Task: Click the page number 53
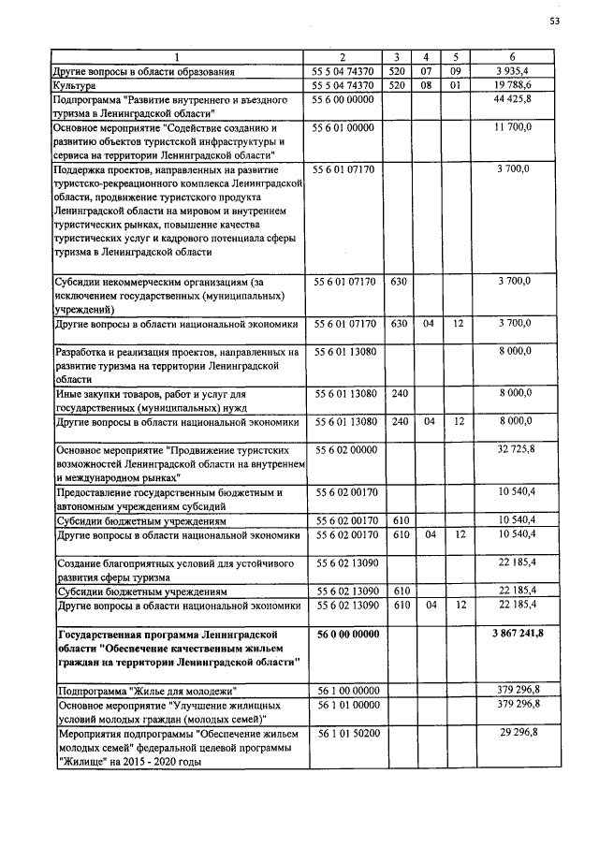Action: [x=555, y=21]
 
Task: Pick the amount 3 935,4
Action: [x=515, y=71]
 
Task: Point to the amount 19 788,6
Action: [x=513, y=85]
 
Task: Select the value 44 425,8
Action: [x=513, y=98]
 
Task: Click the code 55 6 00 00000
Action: [x=343, y=98]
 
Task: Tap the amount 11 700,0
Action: [x=514, y=125]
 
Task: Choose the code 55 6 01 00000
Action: [x=343, y=125]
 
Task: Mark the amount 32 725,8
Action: [x=513, y=450]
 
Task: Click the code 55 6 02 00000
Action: [x=343, y=450]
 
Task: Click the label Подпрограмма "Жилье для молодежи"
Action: [x=144, y=690]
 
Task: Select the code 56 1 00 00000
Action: [x=343, y=690]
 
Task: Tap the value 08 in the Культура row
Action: [x=426, y=85]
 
